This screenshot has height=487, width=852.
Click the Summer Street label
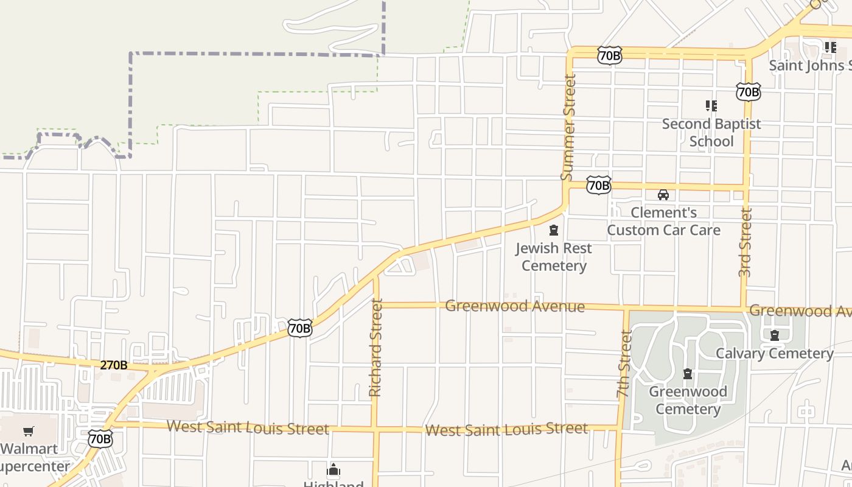click(x=568, y=127)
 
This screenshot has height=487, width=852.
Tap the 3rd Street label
click(x=745, y=242)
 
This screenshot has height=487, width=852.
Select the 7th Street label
click(x=624, y=364)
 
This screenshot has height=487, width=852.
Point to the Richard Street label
click(x=375, y=348)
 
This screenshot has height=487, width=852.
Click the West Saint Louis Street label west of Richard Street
click(x=248, y=427)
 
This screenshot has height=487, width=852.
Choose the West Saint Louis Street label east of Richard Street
click(x=506, y=429)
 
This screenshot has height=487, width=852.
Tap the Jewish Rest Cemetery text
click(x=554, y=257)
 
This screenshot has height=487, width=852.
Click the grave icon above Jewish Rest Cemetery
click(x=554, y=230)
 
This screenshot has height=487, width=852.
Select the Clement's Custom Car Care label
click(x=663, y=221)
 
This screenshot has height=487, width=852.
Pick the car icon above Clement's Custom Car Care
click(x=663, y=195)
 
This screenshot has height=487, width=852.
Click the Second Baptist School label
click(x=711, y=133)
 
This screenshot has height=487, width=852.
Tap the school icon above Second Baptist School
click(x=711, y=106)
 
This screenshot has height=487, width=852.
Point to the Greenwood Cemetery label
click(x=688, y=400)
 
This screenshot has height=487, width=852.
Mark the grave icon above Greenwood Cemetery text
click(x=688, y=373)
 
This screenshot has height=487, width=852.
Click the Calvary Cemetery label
click(x=774, y=354)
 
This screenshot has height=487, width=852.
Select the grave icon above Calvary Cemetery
click(x=775, y=335)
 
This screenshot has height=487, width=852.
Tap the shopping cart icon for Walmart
click(x=28, y=432)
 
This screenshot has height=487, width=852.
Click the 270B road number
click(x=114, y=365)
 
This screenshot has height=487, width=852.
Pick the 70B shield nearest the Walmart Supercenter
click(x=100, y=438)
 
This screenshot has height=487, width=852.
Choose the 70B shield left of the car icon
click(x=599, y=185)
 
